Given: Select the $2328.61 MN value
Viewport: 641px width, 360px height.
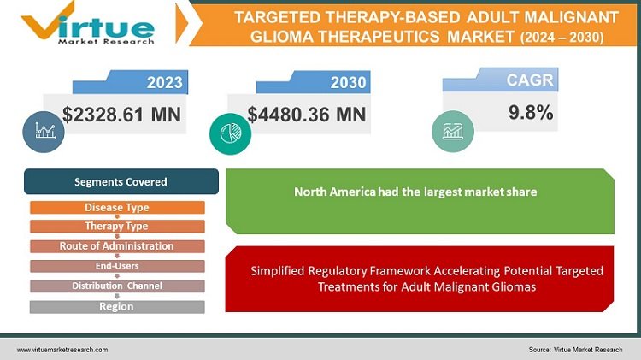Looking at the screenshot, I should [122, 115].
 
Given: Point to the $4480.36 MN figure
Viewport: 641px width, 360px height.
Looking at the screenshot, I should [306, 115].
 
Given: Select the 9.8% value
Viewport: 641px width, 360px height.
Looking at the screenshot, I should [531, 112].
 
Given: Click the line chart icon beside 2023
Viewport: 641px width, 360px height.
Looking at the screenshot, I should [45, 131].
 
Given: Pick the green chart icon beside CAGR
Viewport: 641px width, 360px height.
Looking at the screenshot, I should [452, 131].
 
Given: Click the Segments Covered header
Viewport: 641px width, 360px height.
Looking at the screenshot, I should [121, 182].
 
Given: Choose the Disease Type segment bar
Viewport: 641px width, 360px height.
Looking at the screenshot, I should [117, 208].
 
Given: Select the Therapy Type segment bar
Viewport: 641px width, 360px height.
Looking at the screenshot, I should [117, 227].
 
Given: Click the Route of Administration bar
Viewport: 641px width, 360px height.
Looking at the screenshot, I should [117, 246].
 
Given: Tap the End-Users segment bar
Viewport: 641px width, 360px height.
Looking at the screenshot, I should [117, 266].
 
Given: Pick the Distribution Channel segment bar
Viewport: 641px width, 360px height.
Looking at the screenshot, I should [117, 286].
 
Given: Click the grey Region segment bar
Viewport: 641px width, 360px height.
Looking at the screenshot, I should [117, 306].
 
